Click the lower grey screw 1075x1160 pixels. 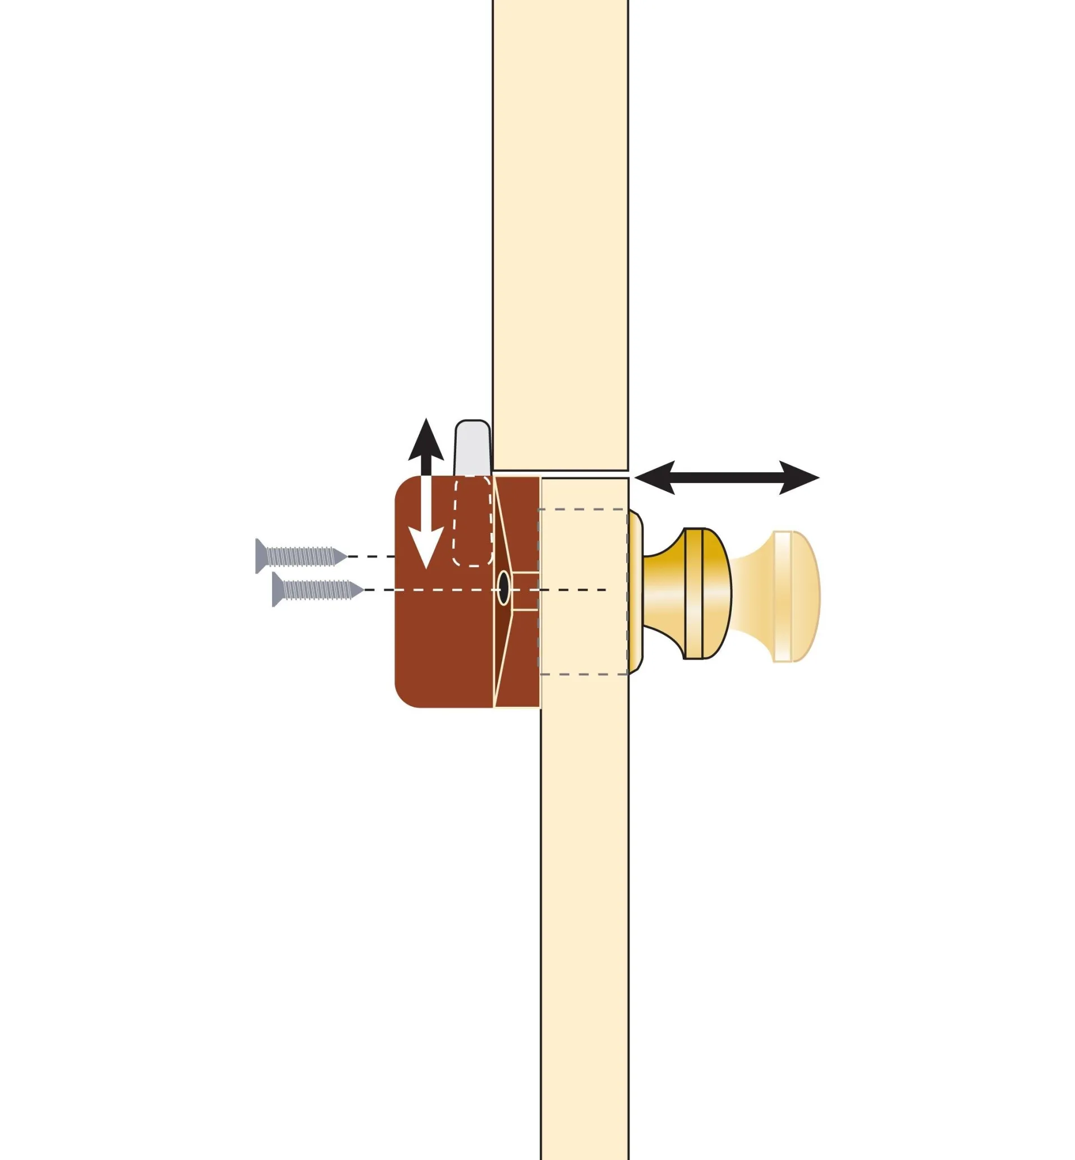point(318,590)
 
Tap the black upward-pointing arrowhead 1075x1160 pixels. point(426,441)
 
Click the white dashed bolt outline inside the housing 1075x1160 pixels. point(472,523)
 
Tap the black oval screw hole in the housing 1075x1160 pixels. point(503,588)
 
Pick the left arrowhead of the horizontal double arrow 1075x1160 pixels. point(654,478)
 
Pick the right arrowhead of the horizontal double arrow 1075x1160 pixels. point(800,478)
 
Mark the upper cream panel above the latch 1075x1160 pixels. point(560,233)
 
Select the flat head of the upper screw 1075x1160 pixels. point(260,556)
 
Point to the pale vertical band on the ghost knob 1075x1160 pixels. point(782,596)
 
